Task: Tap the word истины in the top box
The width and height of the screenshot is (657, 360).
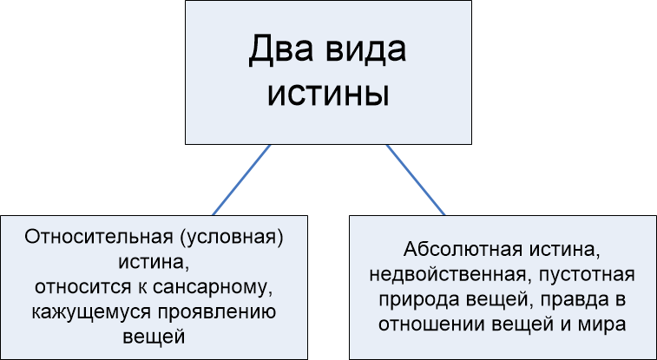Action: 328,92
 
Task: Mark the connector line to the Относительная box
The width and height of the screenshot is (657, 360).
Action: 241,180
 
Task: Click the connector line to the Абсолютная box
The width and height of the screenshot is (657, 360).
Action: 416,180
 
